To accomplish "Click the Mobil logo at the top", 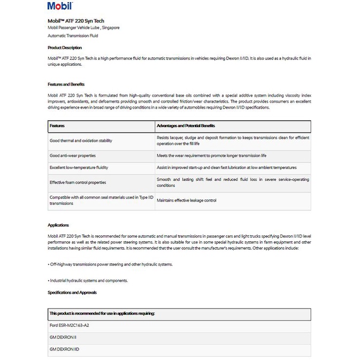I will click(x=60, y=7).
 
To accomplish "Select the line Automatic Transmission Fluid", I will click(x=73, y=36).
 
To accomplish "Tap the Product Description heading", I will click(x=65, y=48).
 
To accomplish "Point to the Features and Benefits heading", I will click(x=66, y=84).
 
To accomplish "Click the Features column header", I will click(x=57, y=126).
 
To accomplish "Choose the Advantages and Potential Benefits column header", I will click(x=186, y=126).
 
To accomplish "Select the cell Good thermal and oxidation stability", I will click(x=81, y=141).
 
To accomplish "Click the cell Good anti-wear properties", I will click(x=73, y=156).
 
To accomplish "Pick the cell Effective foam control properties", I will click(x=78, y=182).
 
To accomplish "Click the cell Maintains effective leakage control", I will click(x=187, y=201).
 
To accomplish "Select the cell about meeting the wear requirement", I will click(x=211, y=156).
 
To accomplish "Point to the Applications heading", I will click(x=58, y=225).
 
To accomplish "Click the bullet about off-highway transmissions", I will click(x=110, y=264).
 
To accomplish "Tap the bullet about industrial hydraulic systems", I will click(x=88, y=280).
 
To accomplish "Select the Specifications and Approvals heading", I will click(x=72, y=293).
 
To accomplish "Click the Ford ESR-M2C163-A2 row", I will click(x=70, y=325).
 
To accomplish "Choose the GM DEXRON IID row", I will click(x=65, y=349).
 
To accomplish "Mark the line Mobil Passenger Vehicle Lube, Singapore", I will click(x=83, y=28).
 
